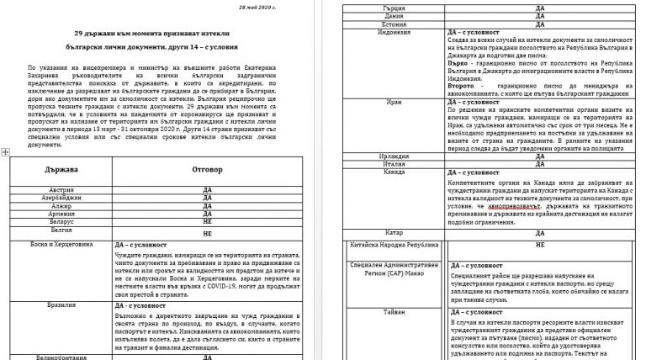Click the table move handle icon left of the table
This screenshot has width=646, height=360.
(5, 151)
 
